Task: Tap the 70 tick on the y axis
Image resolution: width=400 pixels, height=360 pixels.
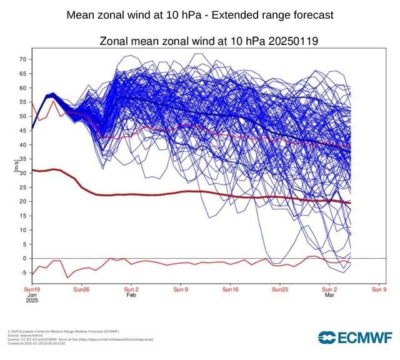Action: (x=22, y=59)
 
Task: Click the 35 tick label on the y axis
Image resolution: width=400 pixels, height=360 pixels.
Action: (x=22, y=159)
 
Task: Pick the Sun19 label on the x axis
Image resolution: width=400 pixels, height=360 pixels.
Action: (x=31, y=290)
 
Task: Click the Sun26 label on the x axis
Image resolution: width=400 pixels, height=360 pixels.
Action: (x=82, y=290)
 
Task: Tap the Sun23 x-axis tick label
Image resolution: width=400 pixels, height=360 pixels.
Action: (x=280, y=290)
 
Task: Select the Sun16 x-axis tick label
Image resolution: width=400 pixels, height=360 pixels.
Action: (x=231, y=290)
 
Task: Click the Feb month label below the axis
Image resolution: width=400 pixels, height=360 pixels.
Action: (x=131, y=296)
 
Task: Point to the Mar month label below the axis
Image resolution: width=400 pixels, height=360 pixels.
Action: (x=329, y=296)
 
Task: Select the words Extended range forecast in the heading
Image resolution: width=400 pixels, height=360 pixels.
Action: (x=268, y=14)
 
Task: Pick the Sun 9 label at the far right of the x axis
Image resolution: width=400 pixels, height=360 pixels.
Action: (x=379, y=290)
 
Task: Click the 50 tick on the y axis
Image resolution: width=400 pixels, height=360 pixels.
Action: (x=22, y=116)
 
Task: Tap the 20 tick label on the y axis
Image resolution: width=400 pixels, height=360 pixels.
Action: (x=22, y=201)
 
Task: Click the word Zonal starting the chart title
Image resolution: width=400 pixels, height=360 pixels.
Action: (x=117, y=42)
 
